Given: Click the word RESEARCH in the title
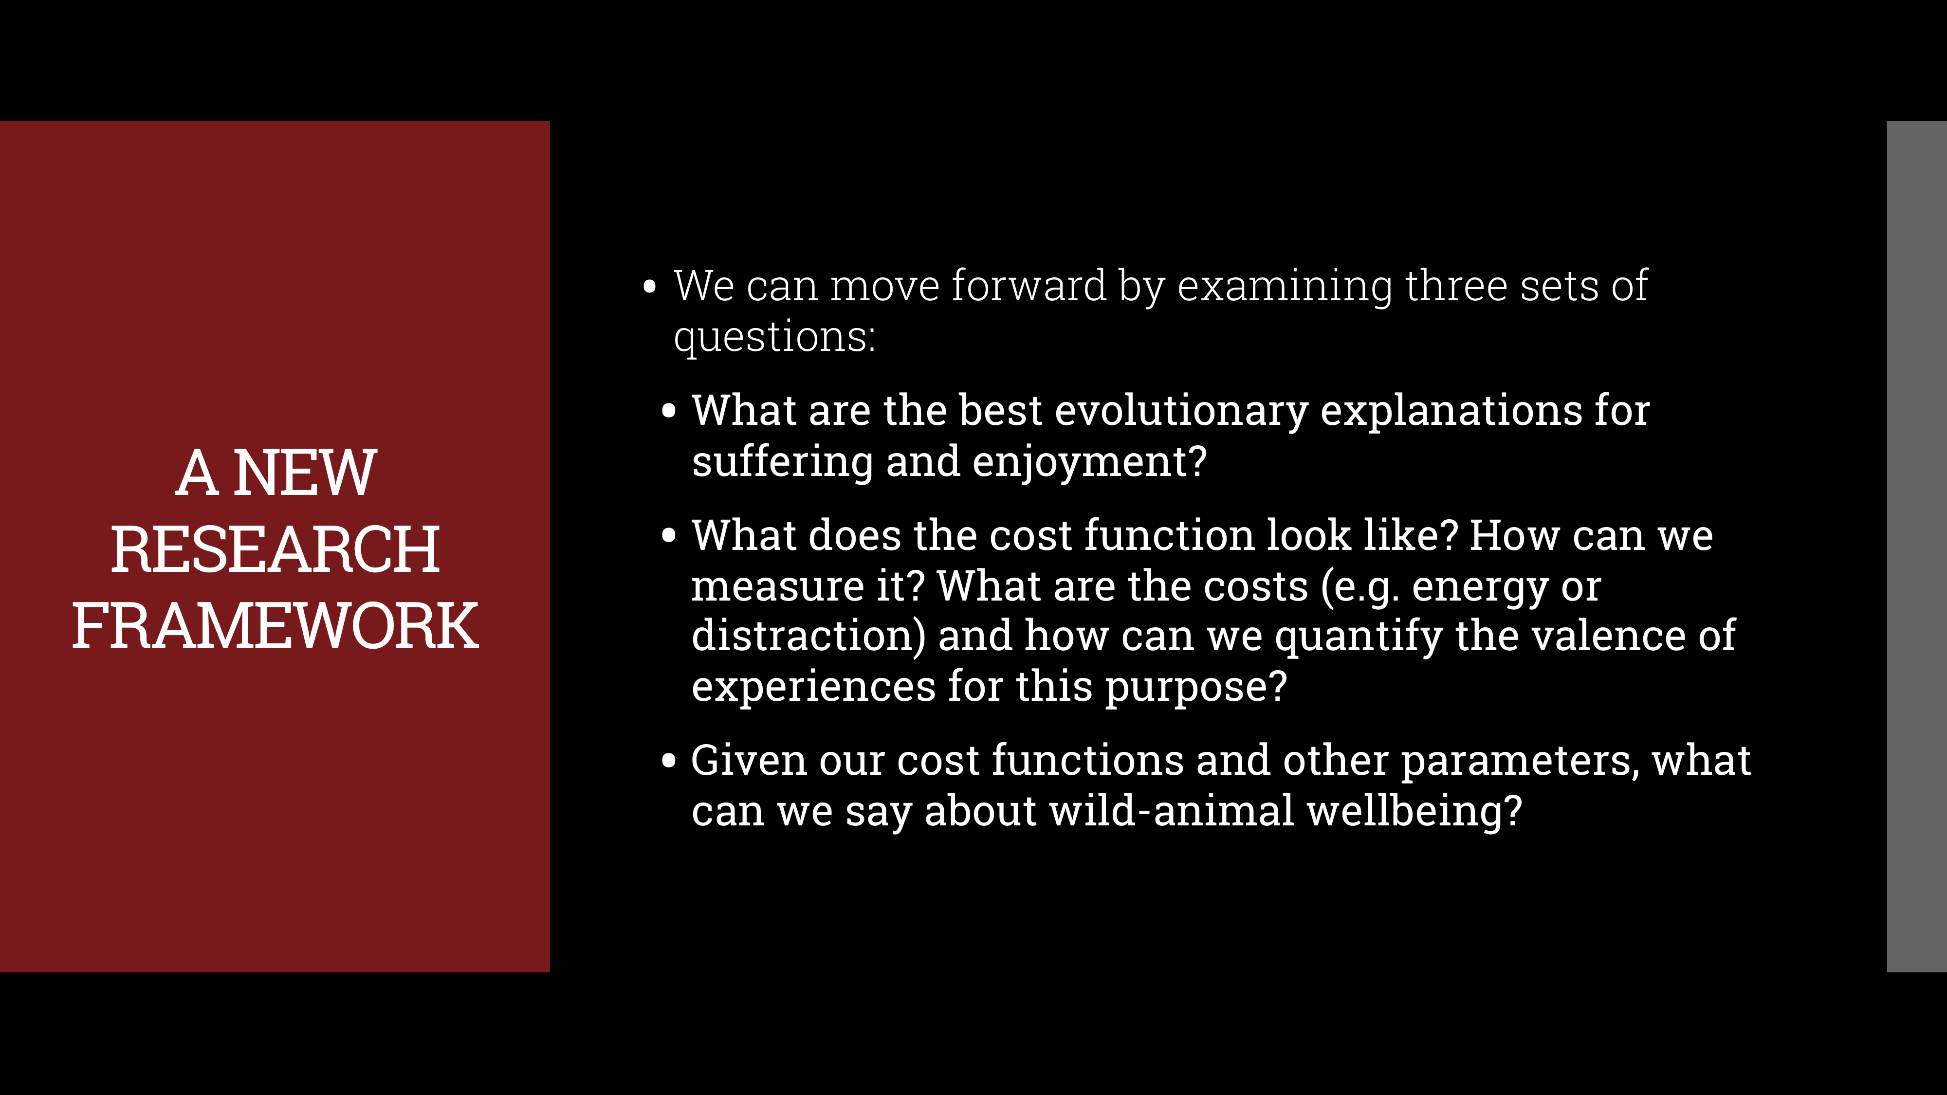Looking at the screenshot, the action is (275, 549).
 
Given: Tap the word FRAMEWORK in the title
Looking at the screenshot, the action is (275, 626).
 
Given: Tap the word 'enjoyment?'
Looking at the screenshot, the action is (1089, 462).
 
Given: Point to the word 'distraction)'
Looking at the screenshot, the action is (808, 636).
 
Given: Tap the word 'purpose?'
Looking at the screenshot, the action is (1196, 687).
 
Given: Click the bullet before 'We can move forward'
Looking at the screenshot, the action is (649, 287).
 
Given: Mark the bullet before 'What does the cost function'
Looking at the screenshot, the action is (668, 536).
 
